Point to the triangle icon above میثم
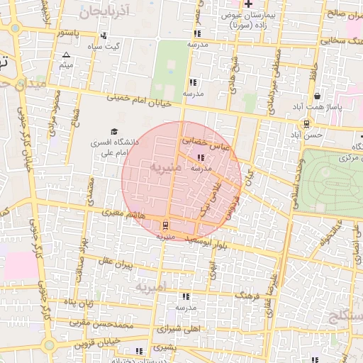[x=67, y=55]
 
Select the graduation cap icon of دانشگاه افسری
[x=114, y=131]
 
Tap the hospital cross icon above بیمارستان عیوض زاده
[x=247, y=6]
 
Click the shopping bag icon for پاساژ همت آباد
[x=316, y=96]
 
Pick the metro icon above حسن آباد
[x=306, y=123]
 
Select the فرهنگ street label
[x=246, y=292]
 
